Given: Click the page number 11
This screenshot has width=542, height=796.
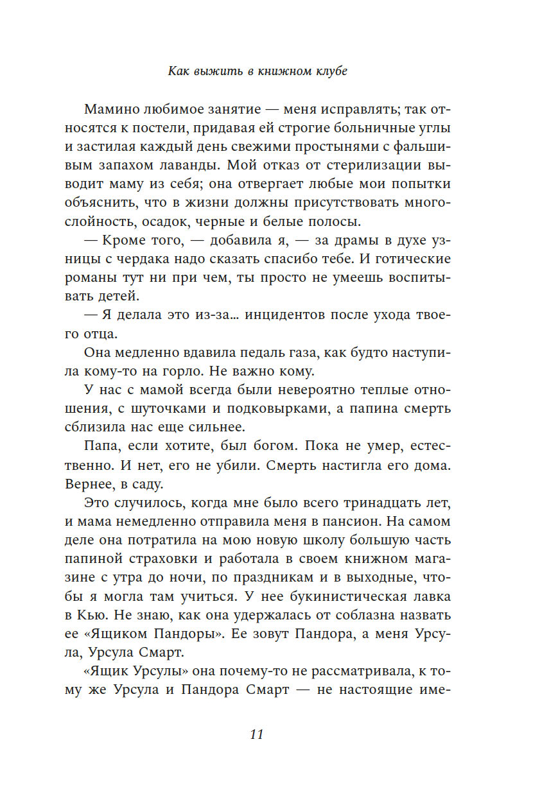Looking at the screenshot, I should (256, 735).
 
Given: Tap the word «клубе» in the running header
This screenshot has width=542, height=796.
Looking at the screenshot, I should (329, 71).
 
